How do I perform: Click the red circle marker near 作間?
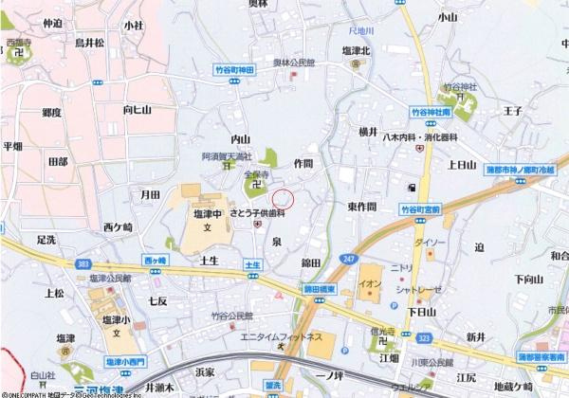pyautogui.click(x=284, y=199)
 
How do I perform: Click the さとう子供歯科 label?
pyautogui.click(x=259, y=213)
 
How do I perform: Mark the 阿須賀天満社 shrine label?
pyautogui.click(x=226, y=155)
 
